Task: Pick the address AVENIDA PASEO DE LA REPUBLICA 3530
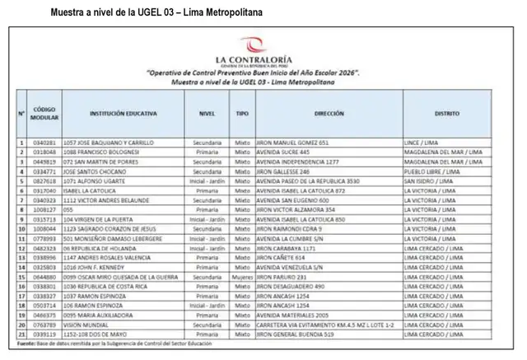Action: [x=308, y=180]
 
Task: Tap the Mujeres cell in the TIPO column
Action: [x=242, y=278]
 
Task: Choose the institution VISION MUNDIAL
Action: [x=82, y=326]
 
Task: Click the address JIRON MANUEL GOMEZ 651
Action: [x=292, y=143]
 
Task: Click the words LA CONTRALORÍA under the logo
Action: [x=253, y=60]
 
